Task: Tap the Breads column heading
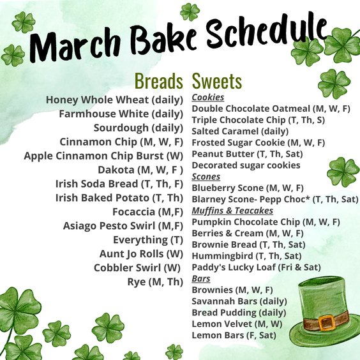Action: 159,81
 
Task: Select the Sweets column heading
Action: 217,81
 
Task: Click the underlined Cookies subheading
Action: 208,98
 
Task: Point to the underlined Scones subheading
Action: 206,177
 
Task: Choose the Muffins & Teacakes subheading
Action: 232,211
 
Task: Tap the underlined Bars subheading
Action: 201,278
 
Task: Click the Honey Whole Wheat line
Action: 114,100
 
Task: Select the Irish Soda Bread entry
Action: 119,184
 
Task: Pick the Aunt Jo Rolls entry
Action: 141,254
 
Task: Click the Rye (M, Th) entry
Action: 155,282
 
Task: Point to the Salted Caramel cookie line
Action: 240,131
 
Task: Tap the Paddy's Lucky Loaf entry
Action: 256,267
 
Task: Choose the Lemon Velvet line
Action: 237,324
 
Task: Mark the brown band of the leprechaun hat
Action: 326,321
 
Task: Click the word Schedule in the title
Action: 266,32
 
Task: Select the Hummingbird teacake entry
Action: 246,256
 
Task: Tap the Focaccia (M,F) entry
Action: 147,212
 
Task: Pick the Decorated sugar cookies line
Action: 246,165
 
